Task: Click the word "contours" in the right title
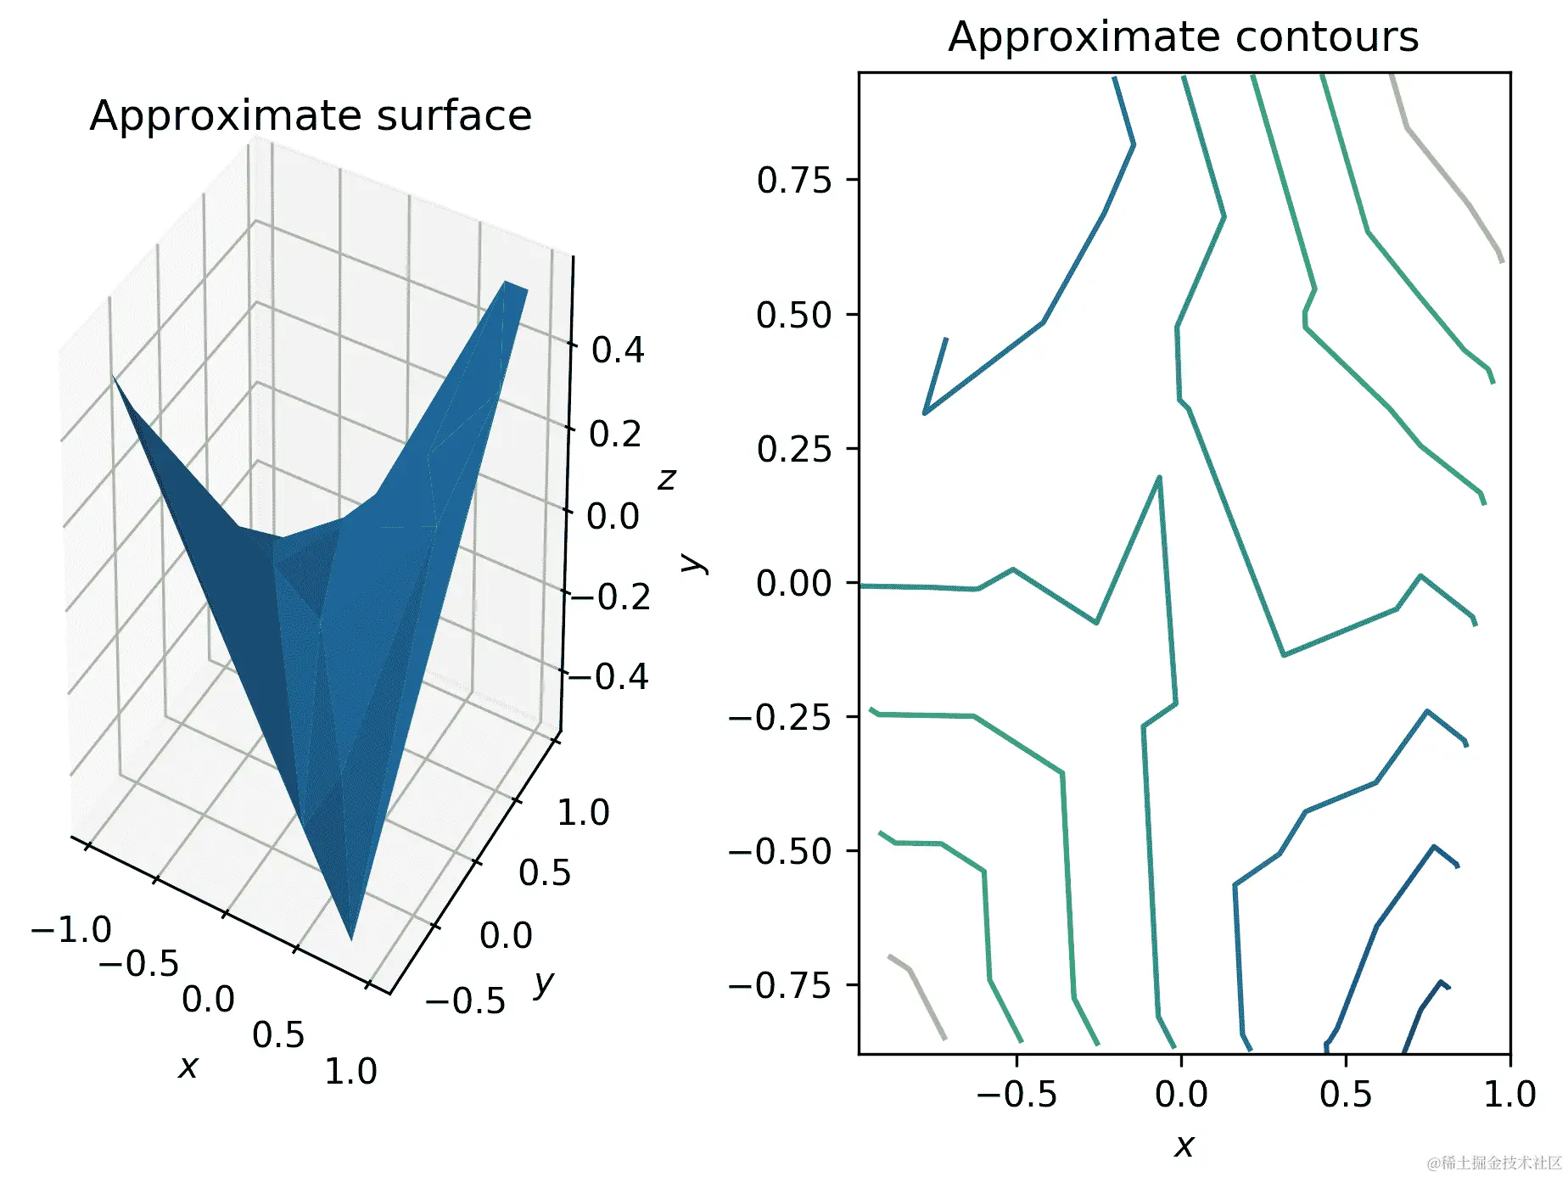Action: point(1327,37)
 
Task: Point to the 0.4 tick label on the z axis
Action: point(618,350)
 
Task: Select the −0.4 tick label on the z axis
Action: point(609,677)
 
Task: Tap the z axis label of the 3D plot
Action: point(667,479)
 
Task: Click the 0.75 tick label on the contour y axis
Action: point(794,181)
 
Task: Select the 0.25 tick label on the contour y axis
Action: point(794,450)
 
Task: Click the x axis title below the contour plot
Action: point(1184,1146)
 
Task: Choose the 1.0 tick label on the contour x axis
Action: point(1509,1095)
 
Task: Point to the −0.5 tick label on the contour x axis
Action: point(1016,1095)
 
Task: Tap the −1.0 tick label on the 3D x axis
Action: point(71,930)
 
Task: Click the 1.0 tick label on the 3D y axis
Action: point(583,813)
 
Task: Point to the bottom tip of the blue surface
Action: point(352,938)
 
